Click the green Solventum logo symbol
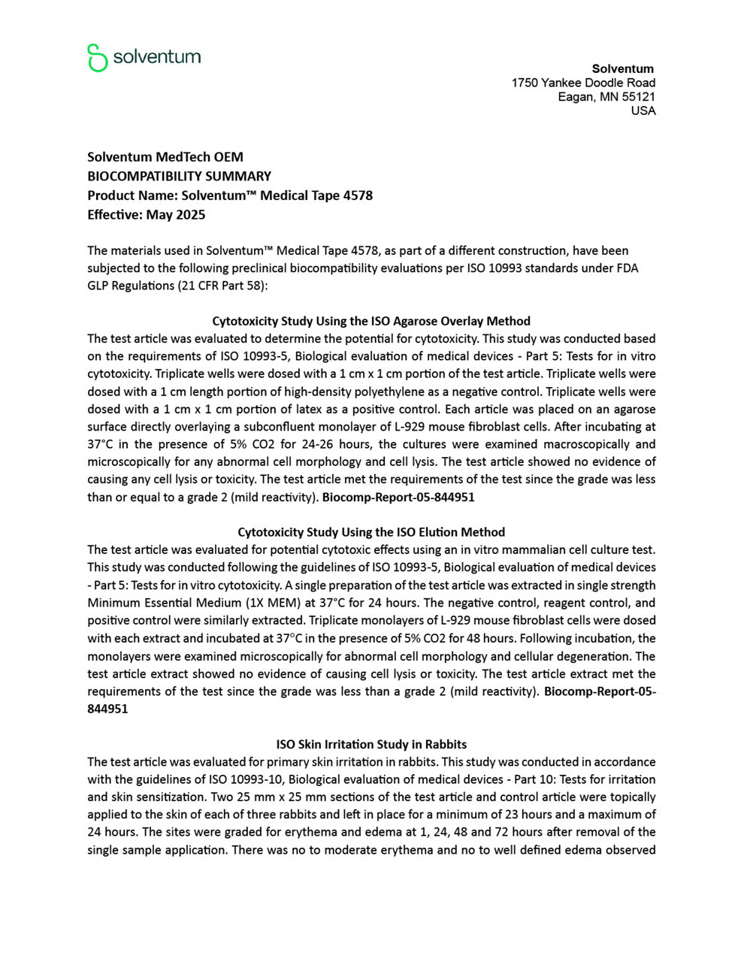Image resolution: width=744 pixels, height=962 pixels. (x=97, y=58)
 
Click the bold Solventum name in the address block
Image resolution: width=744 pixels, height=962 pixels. (x=622, y=68)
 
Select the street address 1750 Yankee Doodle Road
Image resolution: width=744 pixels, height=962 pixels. (x=583, y=83)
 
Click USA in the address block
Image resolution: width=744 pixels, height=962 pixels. (x=643, y=110)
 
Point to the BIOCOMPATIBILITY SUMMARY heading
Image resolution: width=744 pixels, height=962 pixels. (x=179, y=176)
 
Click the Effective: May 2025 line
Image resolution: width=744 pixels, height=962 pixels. (x=146, y=214)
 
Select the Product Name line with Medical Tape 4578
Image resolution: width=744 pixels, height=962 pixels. (x=229, y=195)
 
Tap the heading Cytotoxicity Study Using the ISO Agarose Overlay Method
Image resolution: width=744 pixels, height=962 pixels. (x=370, y=321)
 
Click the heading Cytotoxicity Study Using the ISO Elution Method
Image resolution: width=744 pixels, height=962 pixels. (x=370, y=532)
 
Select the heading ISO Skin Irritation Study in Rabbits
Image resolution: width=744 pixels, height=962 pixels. (x=370, y=744)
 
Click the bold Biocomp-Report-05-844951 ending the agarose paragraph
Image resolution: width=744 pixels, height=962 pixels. (x=398, y=497)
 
